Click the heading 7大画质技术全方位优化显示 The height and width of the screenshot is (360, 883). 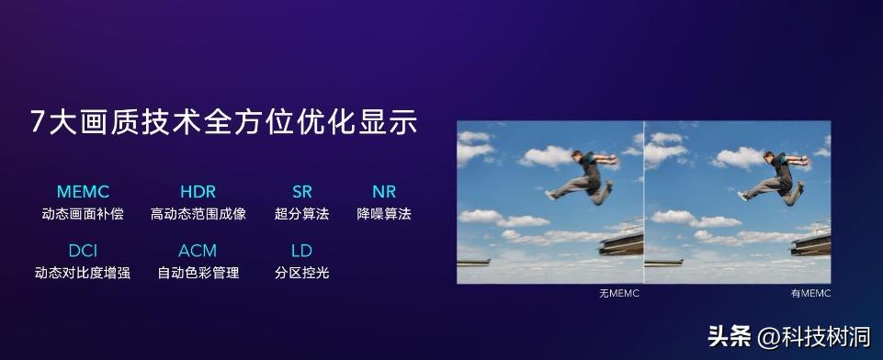(x=223, y=122)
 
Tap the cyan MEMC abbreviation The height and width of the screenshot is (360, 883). (x=83, y=192)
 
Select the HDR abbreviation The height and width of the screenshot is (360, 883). (x=198, y=192)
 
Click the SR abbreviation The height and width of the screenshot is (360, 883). (x=301, y=192)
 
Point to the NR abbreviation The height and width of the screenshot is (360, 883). (x=383, y=192)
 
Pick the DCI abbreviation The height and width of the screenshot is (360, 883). (x=83, y=250)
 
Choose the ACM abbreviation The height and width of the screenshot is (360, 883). (x=198, y=250)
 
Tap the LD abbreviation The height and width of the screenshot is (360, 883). (x=301, y=250)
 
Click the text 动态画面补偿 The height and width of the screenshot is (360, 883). (x=83, y=215)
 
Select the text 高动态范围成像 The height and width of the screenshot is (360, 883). (x=198, y=215)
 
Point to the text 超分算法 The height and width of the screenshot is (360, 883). (x=301, y=215)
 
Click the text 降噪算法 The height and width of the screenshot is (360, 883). (x=384, y=215)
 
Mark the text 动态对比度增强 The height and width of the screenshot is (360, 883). (x=83, y=273)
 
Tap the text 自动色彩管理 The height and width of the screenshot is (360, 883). (x=198, y=273)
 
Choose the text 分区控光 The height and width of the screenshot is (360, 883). (x=301, y=273)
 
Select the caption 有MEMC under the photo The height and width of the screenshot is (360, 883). (x=809, y=293)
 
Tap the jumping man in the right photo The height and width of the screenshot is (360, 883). (x=774, y=176)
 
